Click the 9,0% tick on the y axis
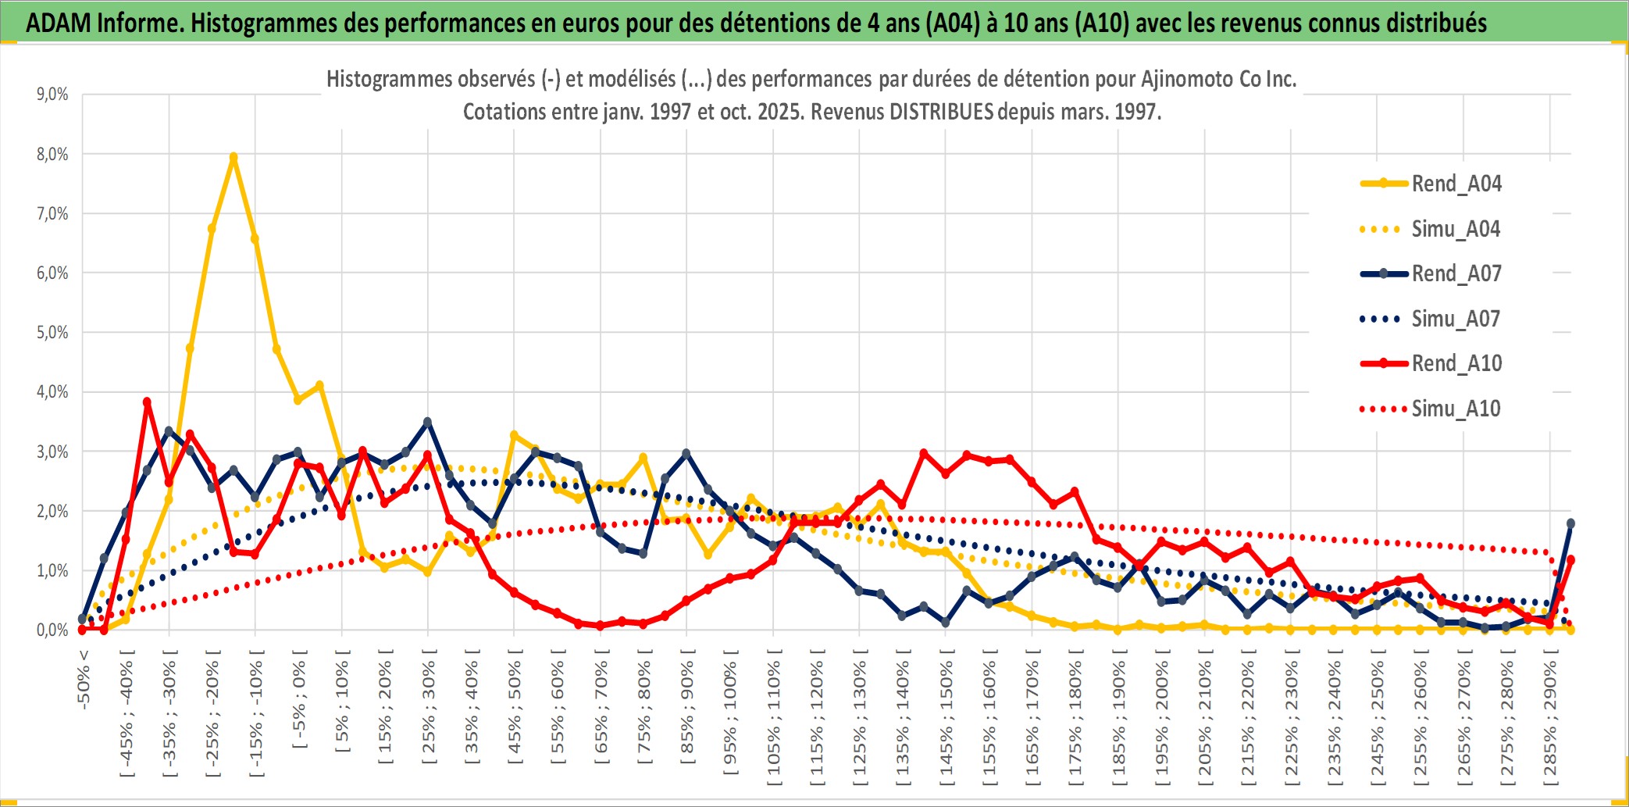coord(52,95)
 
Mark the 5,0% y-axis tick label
coord(52,333)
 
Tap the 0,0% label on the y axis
coord(52,630)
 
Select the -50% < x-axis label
coord(84,679)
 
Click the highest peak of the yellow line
coord(233,157)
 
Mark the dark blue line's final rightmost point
coord(1570,523)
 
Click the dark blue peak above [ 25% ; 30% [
coord(427,422)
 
